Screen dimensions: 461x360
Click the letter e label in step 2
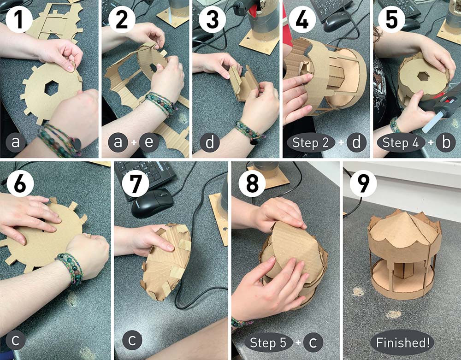[149, 142]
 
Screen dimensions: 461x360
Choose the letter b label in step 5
[446, 142]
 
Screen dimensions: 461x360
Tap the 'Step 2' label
[310, 142]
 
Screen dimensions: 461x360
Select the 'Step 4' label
[400, 142]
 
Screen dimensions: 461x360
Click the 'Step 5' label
[268, 342]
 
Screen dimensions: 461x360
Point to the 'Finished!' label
[402, 342]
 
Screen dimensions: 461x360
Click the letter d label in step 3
[210, 142]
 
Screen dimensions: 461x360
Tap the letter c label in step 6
[15, 340]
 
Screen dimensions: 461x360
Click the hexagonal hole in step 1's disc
[52, 88]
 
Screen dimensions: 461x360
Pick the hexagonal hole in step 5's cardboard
[423, 77]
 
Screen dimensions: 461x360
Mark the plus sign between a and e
[134, 142]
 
